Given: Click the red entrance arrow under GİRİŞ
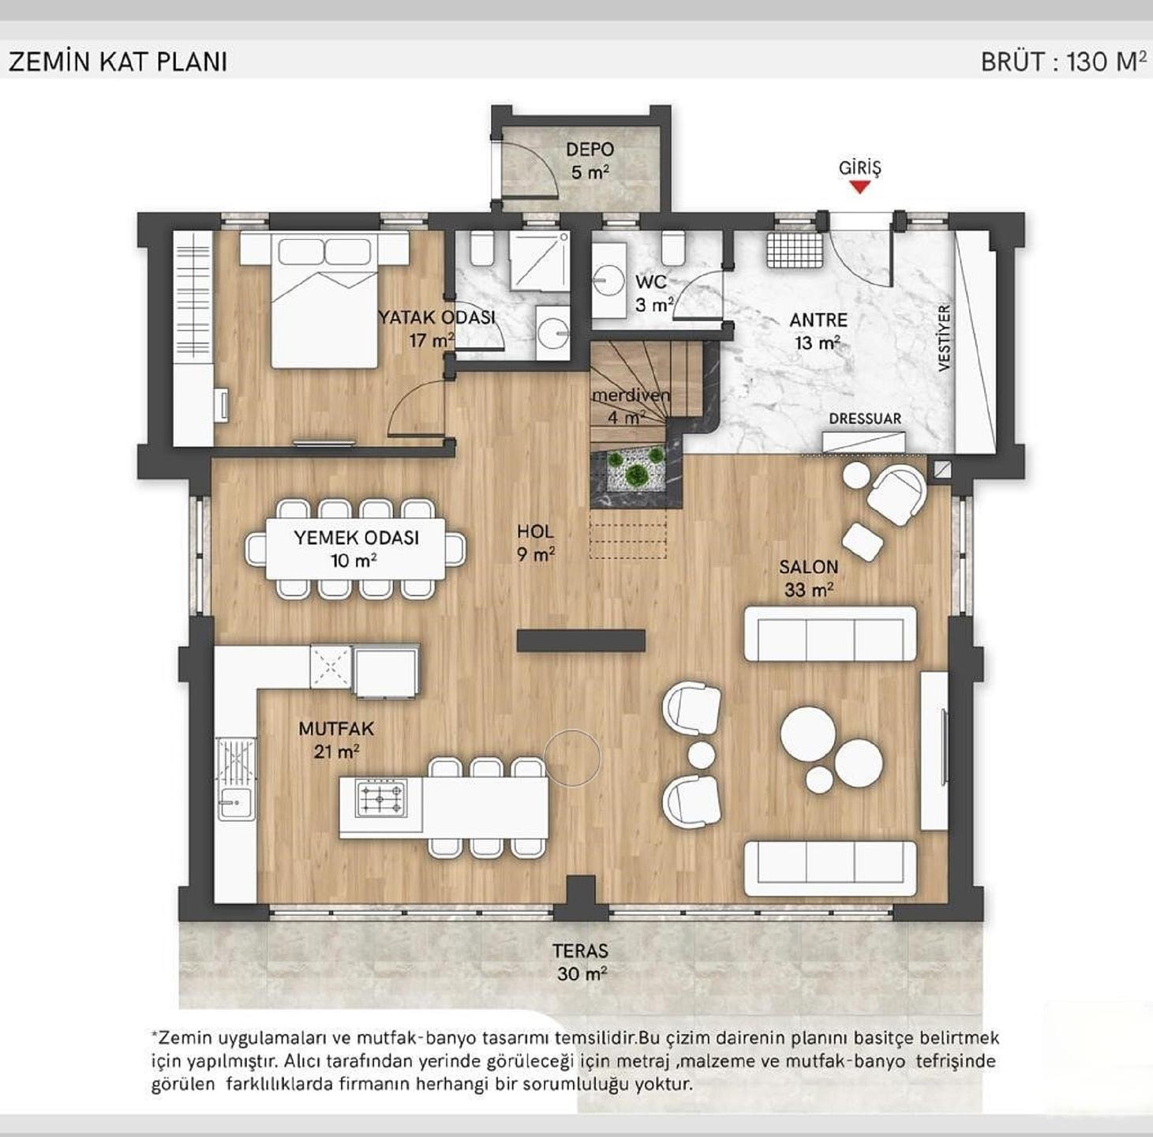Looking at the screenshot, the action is coord(859,187).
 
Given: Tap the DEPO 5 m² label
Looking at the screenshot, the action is coord(590,160).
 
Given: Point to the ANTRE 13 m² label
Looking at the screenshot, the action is coord(818,331).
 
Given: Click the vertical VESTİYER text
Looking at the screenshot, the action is coord(944,338).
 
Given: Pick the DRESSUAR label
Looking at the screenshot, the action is coord(865,418).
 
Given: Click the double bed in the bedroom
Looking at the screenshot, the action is coord(325,300).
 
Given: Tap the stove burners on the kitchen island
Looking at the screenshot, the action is coord(381,797).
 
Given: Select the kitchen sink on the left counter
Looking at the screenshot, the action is coord(236,802).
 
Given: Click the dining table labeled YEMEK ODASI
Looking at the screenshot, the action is coord(355,549).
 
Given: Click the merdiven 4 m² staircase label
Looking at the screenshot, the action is coord(631,406).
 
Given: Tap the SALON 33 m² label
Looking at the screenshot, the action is coord(808,578).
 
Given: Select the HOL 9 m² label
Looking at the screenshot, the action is coord(536,542).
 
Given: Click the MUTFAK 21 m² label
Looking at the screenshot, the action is coord(336,739).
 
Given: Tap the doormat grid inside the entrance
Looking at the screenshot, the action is coord(795,250).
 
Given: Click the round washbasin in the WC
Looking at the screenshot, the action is coord(609,280).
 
